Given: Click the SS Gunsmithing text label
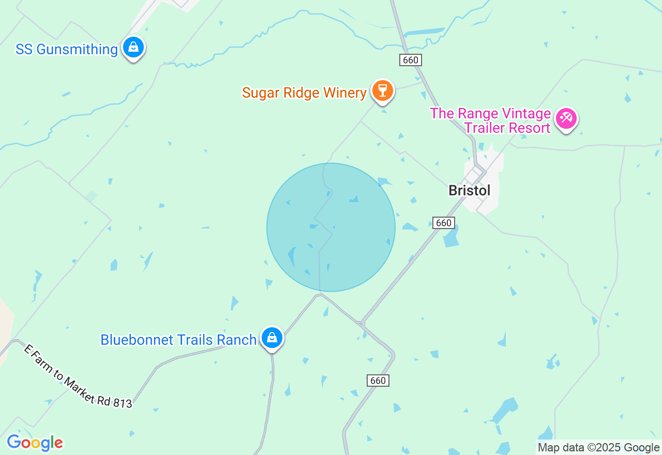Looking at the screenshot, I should click(67, 50).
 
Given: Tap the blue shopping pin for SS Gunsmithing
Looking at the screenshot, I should click(133, 48).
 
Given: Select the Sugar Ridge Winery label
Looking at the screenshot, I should click(304, 93).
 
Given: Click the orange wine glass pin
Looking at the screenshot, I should click(383, 90).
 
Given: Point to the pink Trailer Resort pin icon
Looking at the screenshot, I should click(566, 119).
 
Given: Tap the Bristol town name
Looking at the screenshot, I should click(469, 190).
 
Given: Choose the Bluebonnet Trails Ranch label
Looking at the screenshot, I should click(178, 340).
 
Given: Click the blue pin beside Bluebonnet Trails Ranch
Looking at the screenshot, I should click(272, 338).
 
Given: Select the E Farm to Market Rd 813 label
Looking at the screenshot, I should click(78, 376).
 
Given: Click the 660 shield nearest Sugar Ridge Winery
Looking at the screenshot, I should click(411, 60).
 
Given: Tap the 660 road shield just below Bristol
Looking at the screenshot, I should click(444, 223).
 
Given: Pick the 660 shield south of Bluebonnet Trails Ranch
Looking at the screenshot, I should click(378, 381).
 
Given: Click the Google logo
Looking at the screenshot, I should click(35, 443).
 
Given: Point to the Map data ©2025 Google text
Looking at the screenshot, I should click(598, 448).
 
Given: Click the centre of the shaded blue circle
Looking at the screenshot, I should click(331, 227).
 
